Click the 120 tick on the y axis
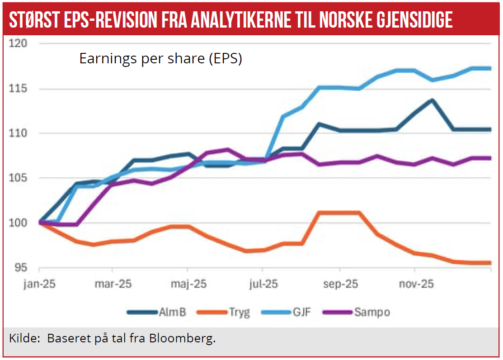[x=19, y=43]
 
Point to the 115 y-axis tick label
[x=19, y=88]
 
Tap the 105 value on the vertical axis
[x=19, y=178]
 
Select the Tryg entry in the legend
[x=239, y=312]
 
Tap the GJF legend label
[x=301, y=312]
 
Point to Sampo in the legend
[x=372, y=312]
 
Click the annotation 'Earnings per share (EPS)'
[x=161, y=59]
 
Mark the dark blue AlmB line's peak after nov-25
[x=433, y=100]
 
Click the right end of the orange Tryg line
[x=491, y=263]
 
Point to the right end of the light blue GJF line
[x=491, y=68]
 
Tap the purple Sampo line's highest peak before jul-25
[x=227, y=149]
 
